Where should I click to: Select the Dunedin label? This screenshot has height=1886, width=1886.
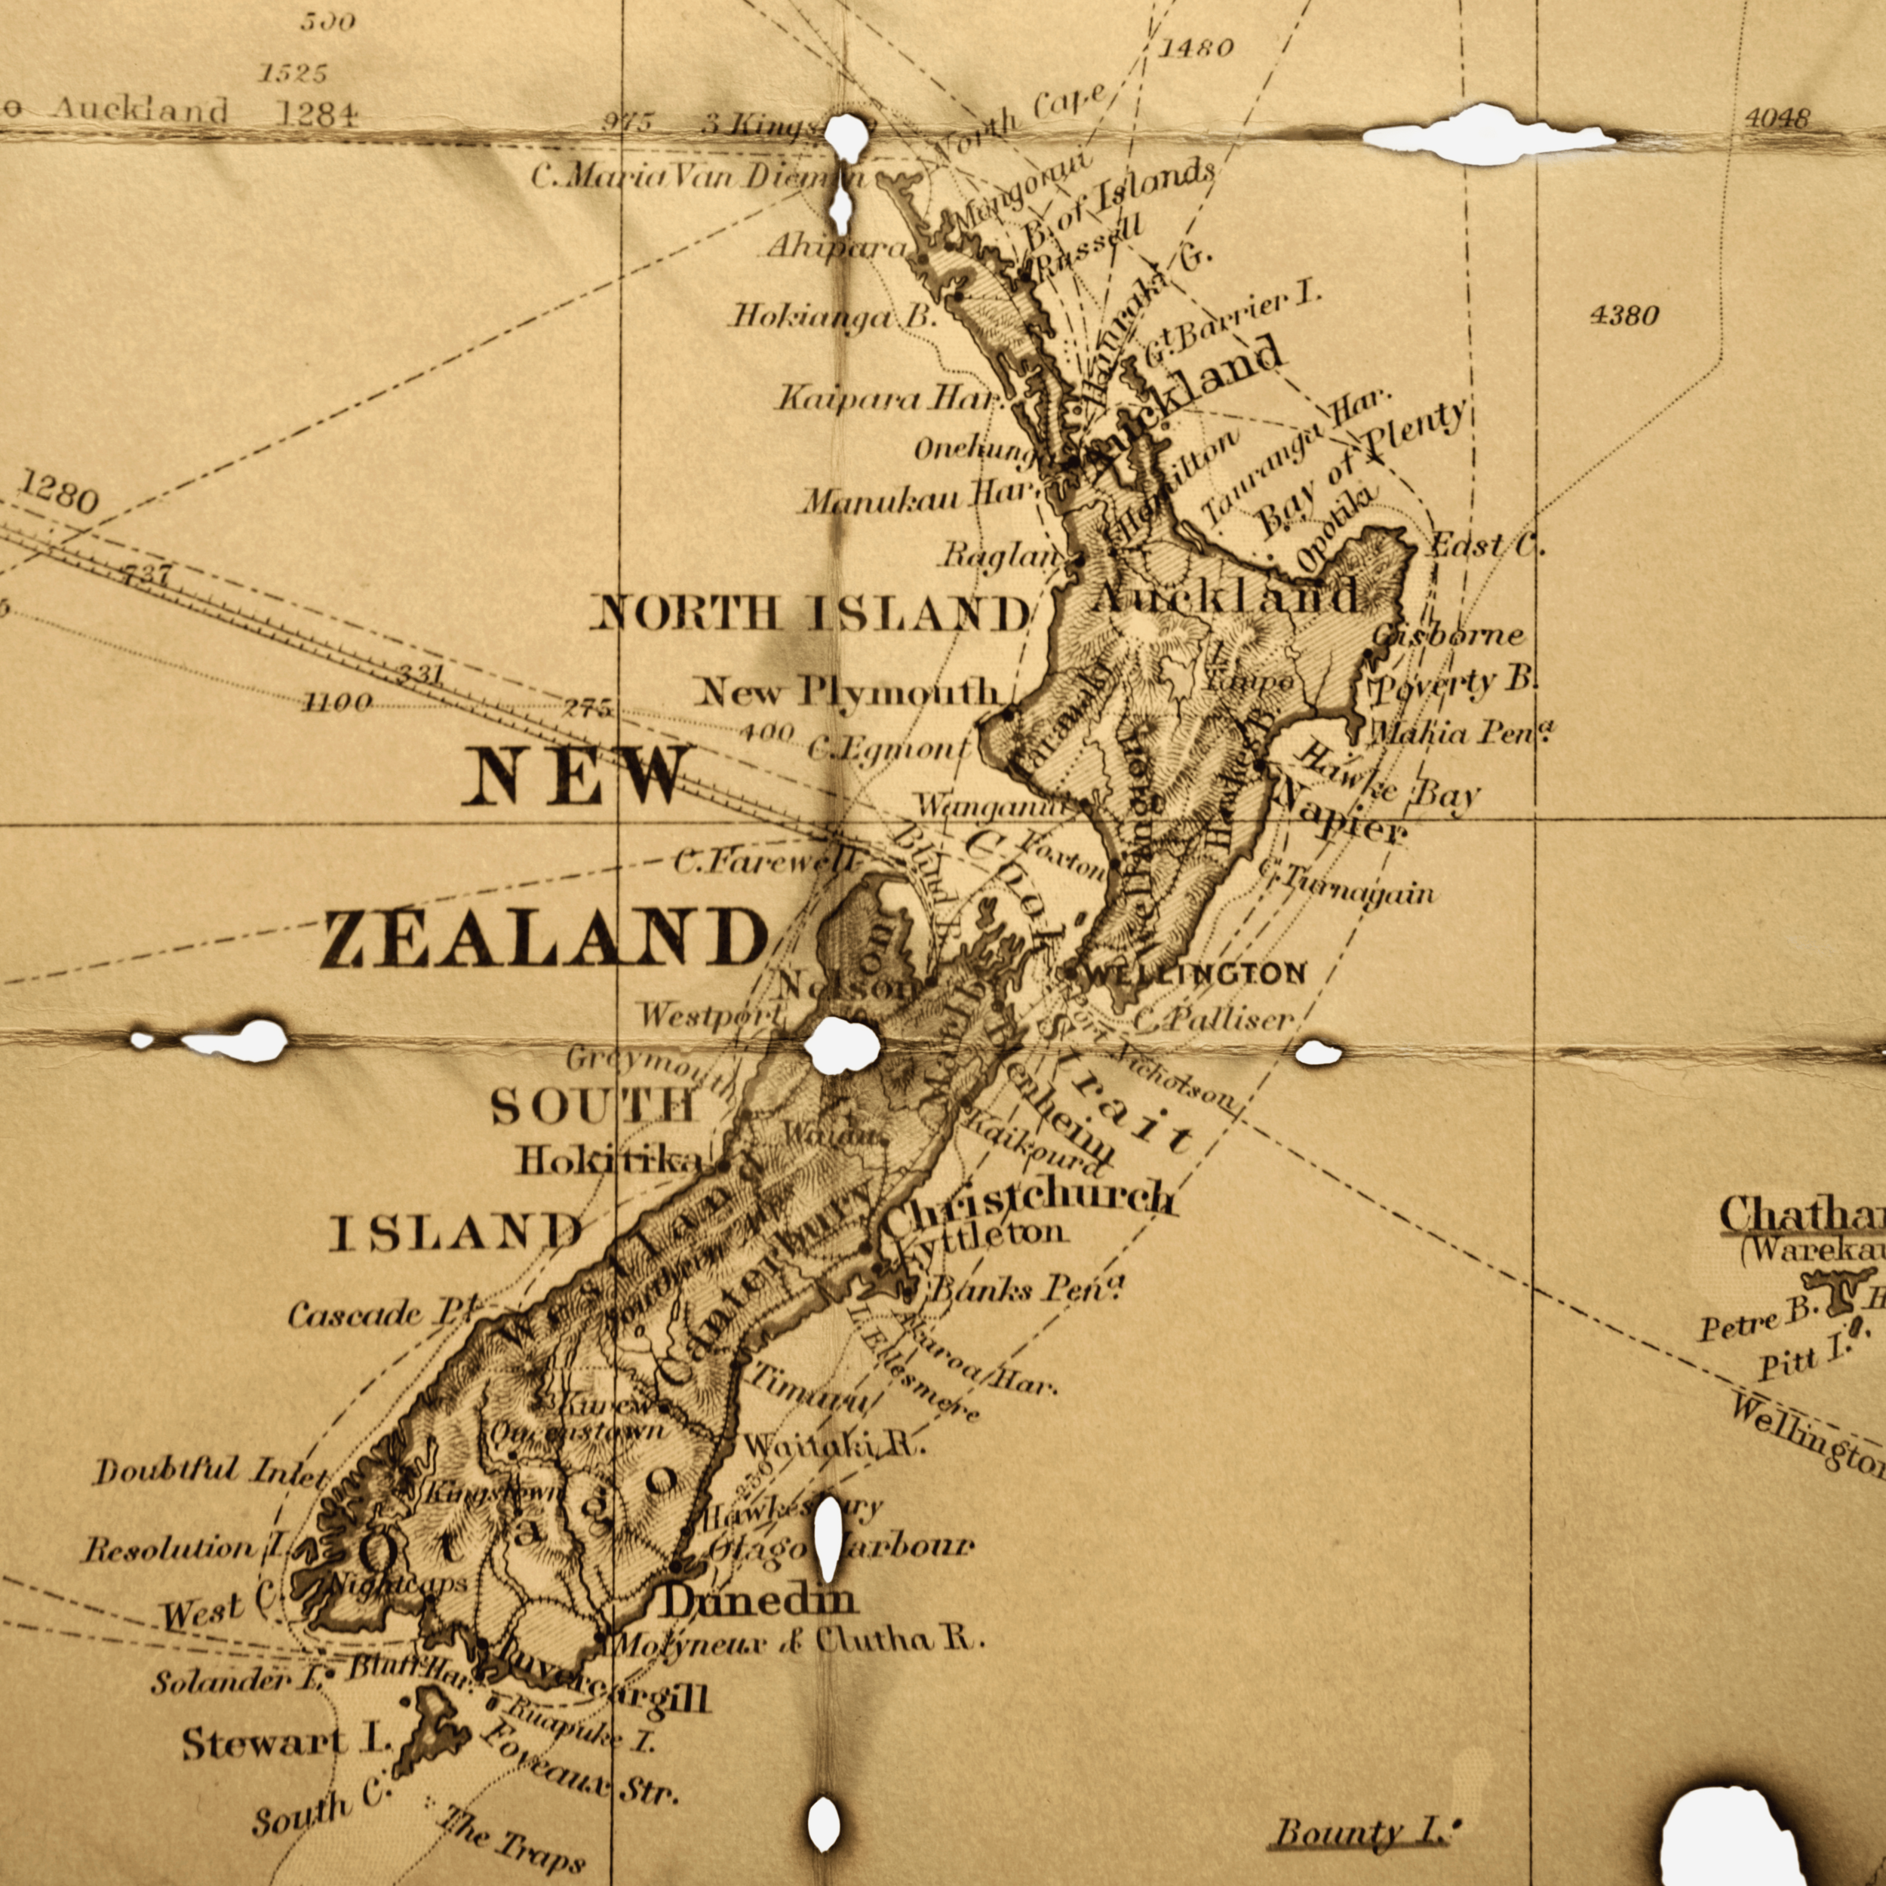click(x=760, y=1599)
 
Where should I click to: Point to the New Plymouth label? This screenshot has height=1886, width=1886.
click(x=846, y=693)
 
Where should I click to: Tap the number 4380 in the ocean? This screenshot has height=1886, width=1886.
click(x=1624, y=315)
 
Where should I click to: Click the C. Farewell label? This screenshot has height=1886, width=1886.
click(x=766, y=862)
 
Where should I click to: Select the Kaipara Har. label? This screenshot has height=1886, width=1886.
click(x=890, y=398)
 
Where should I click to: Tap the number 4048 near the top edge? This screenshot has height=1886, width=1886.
click(x=1777, y=119)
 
